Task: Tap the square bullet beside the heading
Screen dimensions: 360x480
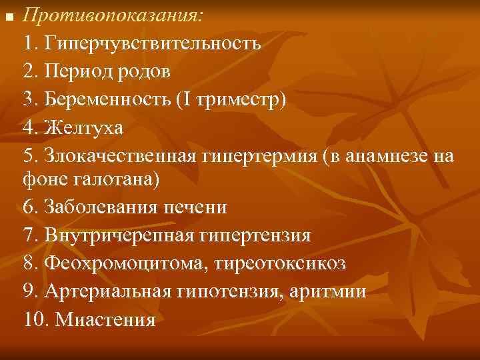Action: click(x=9, y=15)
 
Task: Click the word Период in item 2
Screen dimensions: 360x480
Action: click(x=75, y=71)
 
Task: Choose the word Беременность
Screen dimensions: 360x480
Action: click(x=108, y=99)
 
